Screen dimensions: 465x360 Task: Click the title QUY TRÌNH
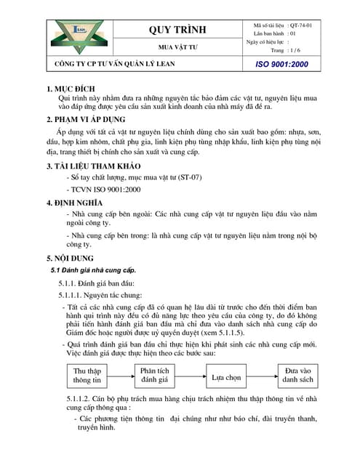pyautogui.click(x=177, y=30)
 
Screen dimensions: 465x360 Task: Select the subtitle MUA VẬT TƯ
pyautogui.click(x=177, y=46)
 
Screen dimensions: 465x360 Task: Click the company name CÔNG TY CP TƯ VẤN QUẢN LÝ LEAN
pyautogui.click(x=125, y=65)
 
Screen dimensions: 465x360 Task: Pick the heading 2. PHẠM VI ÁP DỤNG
pyautogui.click(x=85, y=119)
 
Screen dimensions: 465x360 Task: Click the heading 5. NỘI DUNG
pyautogui.click(x=71, y=258)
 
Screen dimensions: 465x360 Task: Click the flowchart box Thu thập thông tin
pyautogui.click(x=87, y=375)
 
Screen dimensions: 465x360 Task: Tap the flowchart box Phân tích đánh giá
pyautogui.click(x=154, y=375)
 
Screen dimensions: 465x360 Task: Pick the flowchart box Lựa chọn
pyautogui.click(x=227, y=378)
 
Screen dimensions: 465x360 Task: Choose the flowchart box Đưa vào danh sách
pyautogui.click(x=297, y=375)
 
